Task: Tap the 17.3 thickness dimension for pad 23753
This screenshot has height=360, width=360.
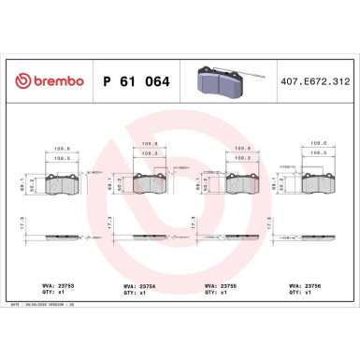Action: tap(23, 224)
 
